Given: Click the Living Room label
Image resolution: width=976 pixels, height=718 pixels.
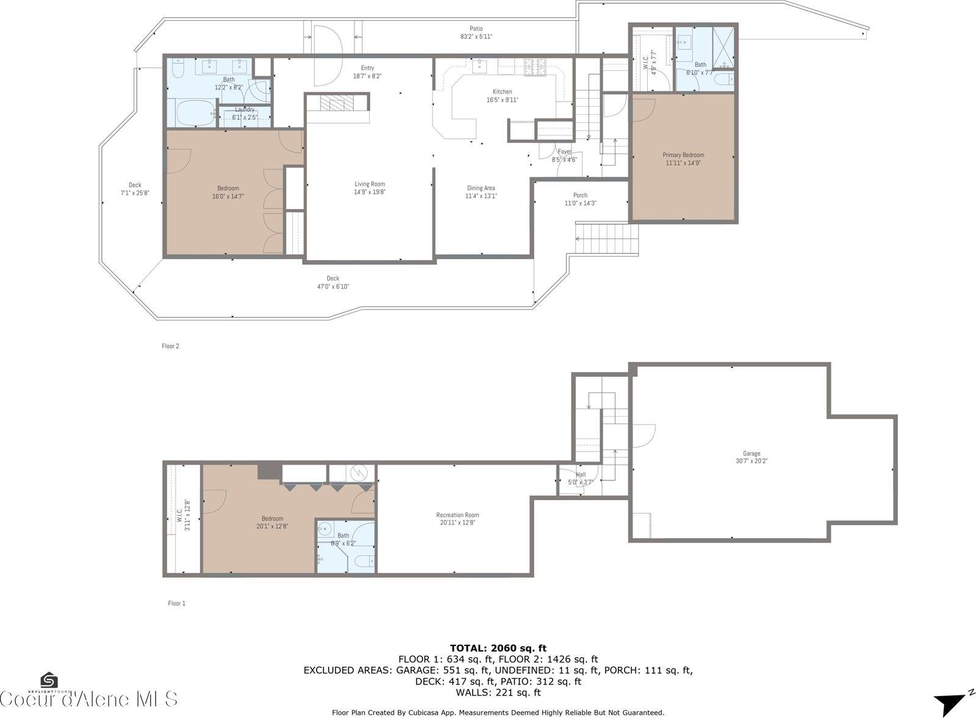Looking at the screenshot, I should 370,184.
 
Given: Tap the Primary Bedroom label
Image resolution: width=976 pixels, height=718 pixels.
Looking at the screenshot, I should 683,155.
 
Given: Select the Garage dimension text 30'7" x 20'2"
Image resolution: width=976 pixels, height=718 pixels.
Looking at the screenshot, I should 751,461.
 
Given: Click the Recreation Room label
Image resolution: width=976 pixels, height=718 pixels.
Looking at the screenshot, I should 457,515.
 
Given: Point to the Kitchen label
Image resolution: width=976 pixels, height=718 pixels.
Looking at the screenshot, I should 502,92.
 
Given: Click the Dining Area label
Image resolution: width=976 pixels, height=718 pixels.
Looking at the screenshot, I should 481,188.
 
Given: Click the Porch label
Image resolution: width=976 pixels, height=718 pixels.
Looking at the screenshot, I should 580,196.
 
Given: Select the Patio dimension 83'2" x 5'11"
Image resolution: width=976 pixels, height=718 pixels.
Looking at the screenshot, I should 476,37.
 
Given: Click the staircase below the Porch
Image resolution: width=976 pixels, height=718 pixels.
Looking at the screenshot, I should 607,240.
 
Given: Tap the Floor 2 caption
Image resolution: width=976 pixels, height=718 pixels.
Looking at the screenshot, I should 170,346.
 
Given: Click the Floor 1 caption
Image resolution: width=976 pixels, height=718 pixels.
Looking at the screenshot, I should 176,603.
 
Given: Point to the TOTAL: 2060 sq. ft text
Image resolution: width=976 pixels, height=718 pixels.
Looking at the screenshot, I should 498,648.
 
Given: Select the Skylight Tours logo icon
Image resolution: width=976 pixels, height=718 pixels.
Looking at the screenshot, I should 49,680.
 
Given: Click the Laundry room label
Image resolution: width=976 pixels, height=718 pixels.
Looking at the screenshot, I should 245,110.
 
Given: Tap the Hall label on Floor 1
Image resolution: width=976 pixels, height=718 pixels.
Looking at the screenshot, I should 580,475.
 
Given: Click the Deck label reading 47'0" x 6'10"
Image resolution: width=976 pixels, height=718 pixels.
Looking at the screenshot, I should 332,279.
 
